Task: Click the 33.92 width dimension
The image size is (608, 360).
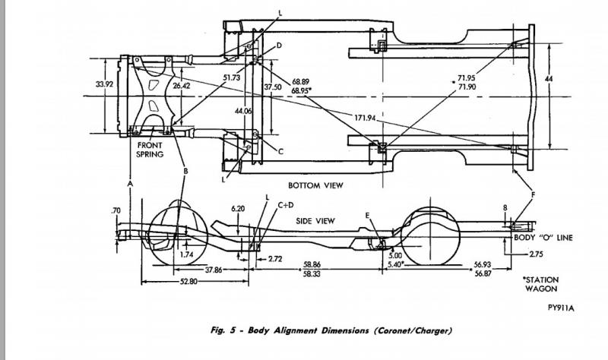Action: pos(105,84)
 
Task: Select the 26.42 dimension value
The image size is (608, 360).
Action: pos(182,86)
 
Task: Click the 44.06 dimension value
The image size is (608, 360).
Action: pos(243,112)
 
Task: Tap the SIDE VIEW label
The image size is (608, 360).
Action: pos(315,220)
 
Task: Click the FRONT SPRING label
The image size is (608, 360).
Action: pos(150,149)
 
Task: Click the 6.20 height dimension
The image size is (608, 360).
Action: pos(238,208)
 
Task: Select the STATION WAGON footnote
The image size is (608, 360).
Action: pos(542,284)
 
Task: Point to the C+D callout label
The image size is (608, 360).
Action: pos(286,204)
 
